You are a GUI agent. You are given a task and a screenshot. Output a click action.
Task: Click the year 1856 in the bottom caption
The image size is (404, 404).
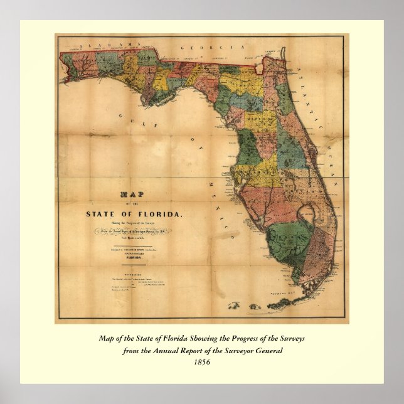202,361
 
